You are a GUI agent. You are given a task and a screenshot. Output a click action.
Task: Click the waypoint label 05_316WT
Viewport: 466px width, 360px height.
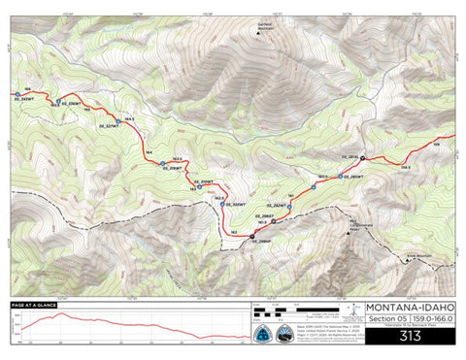click(x=176, y=169)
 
